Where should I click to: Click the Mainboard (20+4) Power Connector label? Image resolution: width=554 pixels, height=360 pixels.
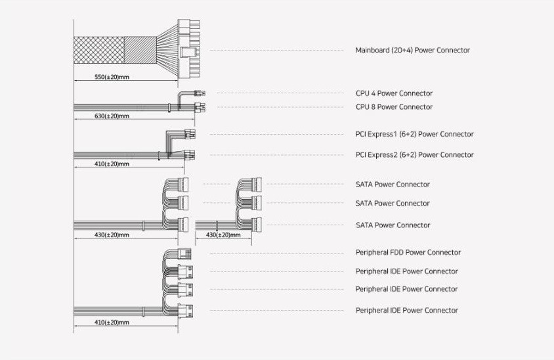(412, 51)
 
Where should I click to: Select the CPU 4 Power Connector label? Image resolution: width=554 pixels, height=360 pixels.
(394, 93)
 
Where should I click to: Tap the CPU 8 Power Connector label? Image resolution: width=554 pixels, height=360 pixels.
(394, 107)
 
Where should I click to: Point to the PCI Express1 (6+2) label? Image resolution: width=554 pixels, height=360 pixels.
(414, 135)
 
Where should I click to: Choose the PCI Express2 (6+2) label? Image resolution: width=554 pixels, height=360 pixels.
(414, 155)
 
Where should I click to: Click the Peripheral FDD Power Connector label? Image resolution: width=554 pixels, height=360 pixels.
(408, 253)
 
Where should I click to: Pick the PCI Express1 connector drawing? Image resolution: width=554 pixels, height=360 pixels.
(190, 135)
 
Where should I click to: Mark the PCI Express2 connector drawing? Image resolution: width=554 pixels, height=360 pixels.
(190, 156)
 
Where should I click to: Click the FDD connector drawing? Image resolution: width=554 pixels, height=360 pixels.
(184, 253)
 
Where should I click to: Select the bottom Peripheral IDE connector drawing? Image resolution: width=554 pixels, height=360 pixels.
(188, 310)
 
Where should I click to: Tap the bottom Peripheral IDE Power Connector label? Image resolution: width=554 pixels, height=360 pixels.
(406, 311)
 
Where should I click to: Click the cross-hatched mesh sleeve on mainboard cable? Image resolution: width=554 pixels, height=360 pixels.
(98, 51)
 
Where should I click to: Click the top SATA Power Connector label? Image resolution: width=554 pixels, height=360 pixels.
(393, 185)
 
